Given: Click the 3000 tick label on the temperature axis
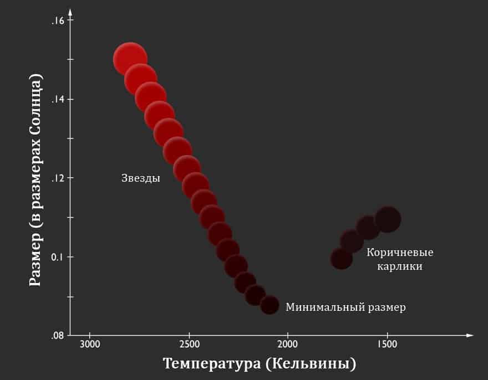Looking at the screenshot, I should point(89,345).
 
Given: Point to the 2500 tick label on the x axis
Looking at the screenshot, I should point(189,345).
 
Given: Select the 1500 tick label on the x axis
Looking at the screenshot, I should point(387,345).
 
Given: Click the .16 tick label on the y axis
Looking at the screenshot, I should point(58,20).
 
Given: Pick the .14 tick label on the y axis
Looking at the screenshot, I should point(58,99).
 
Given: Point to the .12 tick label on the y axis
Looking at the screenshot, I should point(58,178).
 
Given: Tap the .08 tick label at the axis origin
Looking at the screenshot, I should point(58,335).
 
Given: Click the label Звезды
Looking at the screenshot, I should point(141,178).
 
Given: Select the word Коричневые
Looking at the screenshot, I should point(400,253).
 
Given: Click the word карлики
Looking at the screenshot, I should point(400,266).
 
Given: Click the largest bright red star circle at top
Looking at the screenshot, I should point(130,59).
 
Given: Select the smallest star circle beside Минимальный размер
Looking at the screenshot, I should point(270,305).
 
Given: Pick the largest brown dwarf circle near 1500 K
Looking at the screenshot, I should point(388,219).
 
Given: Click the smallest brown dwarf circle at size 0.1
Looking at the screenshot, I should point(342,258).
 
